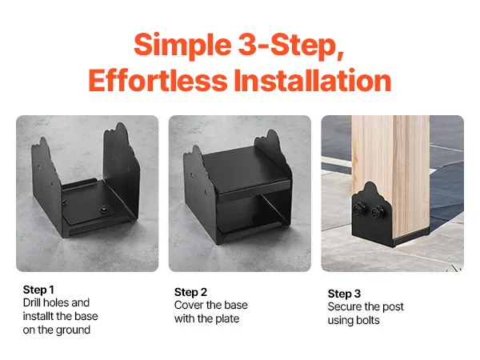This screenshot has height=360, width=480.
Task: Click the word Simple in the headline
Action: (182, 46)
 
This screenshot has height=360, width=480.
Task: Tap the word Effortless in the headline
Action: (158, 80)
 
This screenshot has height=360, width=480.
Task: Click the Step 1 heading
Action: (38, 290)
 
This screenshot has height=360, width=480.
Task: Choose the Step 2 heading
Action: (190, 292)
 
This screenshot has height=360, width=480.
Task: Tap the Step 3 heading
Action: (344, 294)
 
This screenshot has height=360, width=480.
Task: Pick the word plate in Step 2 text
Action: (227, 319)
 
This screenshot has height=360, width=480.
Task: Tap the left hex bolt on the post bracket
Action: (358, 210)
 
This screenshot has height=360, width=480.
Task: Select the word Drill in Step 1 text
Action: (31, 302)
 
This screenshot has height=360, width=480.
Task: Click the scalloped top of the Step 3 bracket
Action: (370, 188)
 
